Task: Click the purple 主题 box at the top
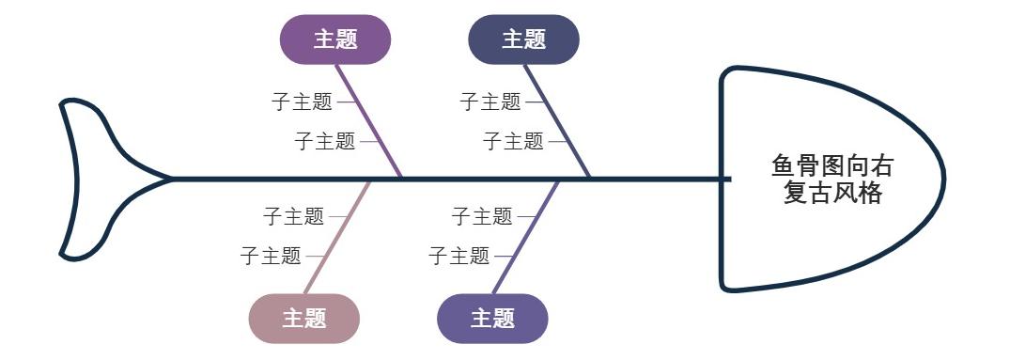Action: (x=335, y=39)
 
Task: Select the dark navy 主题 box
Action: (x=523, y=39)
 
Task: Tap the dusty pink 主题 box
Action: (x=304, y=319)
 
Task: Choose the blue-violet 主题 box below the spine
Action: (x=492, y=319)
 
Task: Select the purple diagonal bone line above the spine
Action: (x=370, y=121)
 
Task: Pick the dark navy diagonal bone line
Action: (x=558, y=121)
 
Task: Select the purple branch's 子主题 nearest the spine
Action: (x=325, y=142)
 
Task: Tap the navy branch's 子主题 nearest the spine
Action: (x=513, y=142)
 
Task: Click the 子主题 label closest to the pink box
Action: (x=271, y=256)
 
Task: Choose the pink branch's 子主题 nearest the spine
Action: (x=293, y=217)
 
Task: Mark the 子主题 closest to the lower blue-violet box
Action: (x=458, y=256)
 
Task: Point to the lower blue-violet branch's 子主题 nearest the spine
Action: (x=481, y=217)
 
